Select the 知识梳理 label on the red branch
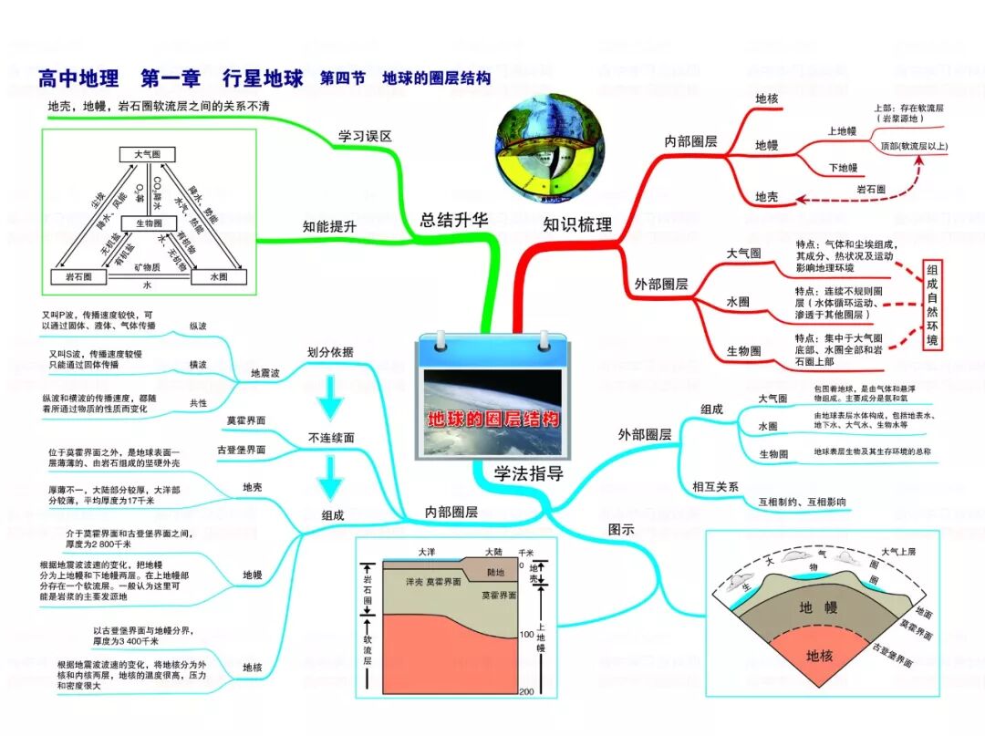click(577, 224)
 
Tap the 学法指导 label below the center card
click(529, 473)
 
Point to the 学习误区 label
click(365, 136)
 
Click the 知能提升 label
click(329, 227)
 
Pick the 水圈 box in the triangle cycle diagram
click(219, 276)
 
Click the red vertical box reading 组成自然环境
click(931, 305)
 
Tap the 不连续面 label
click(331, 438)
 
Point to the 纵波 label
click(197, 326)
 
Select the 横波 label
click(197, 364)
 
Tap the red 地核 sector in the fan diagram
click(819, 656)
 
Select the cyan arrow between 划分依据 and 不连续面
click(331, 394)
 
